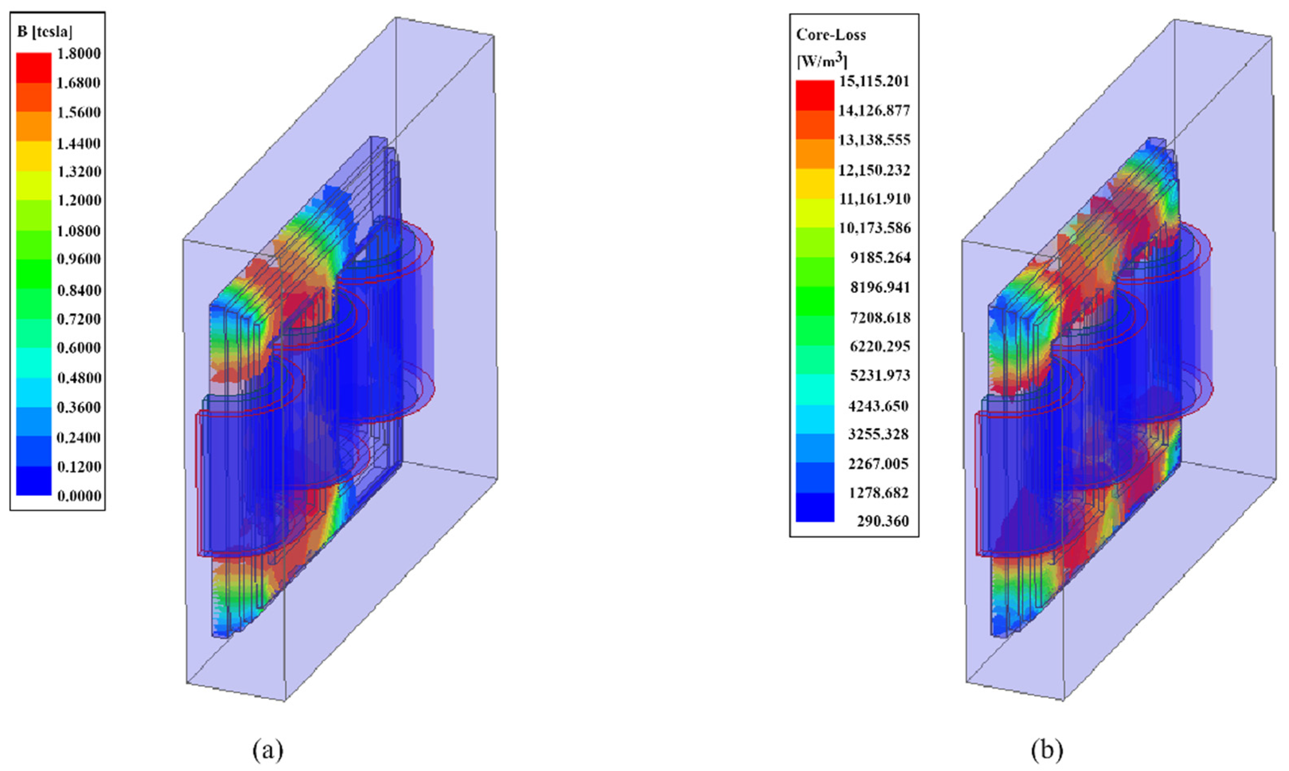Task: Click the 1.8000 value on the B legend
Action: [78, 53]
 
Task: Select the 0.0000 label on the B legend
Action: [78, 496]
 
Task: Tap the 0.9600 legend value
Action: [78, 259]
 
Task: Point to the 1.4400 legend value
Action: [78, 143]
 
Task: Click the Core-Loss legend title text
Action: [831, 35]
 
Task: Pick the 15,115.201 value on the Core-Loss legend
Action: [874, 81]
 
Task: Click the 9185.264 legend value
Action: [880, 258]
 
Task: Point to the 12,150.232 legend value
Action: [874, 170]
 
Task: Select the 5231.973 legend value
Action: [880, 375]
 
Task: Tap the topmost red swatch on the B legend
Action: [34, 67]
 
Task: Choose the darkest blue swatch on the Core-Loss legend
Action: [814, 507]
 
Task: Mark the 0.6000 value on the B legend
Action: [78, 348]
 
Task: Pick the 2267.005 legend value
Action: [879, 463]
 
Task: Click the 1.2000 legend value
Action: [78, 200]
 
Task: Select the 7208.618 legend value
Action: [880, 317]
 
